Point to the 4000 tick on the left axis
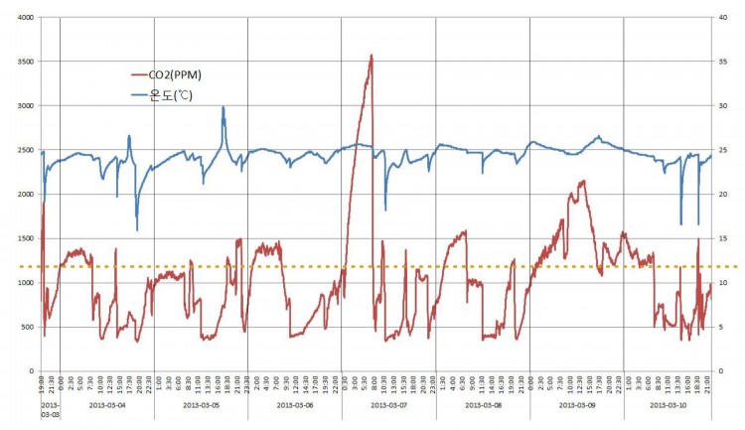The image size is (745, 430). pos(22,18)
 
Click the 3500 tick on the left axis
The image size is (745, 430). pos(22,62)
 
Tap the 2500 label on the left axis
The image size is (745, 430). pos(22,150)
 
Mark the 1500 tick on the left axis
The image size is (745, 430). pos(22,238)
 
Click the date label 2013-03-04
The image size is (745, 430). pos(107,405)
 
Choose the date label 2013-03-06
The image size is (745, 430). pos(295,405)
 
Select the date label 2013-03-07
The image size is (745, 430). pos(388,405)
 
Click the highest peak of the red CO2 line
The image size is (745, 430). pos(372,56)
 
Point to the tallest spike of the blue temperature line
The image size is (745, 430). pos(223,107)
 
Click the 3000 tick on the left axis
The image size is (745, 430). pos(22,106)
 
